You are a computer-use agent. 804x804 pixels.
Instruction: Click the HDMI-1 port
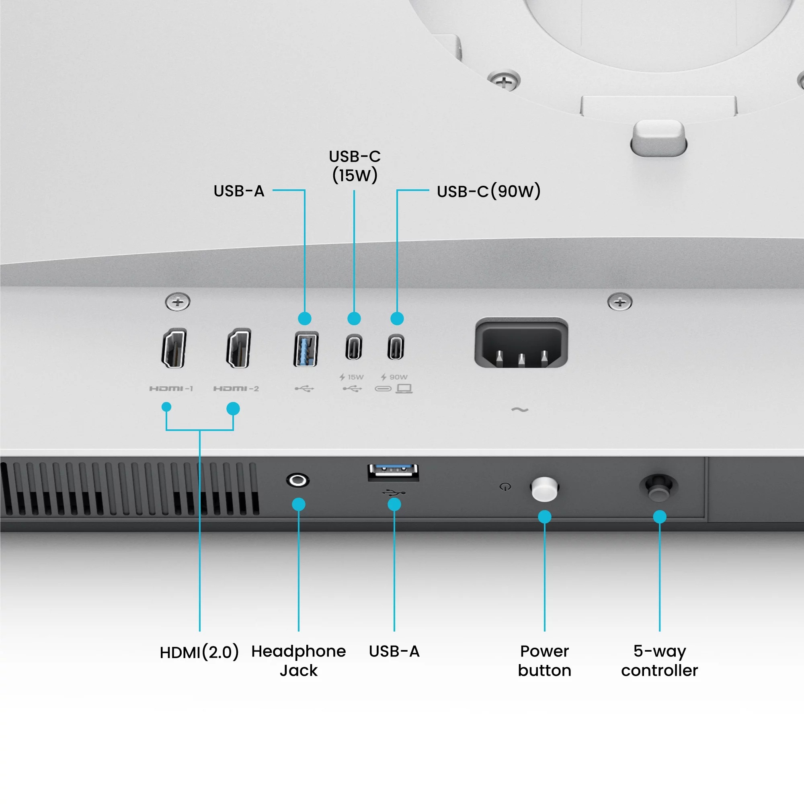(x=174, y=348)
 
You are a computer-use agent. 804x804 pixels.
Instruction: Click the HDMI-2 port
(x=238, y=348)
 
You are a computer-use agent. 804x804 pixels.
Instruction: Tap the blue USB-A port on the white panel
(x=306, y=349)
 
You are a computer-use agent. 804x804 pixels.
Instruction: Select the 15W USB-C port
(x=353, y=347)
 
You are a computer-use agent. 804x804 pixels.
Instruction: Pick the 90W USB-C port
(x=396, y=347)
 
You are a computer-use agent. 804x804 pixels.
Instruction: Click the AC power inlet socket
(x=521, y=343)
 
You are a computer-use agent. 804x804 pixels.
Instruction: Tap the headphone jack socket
(x=297, y=480)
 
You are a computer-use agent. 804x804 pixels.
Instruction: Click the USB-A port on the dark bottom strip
(x=393, y=472)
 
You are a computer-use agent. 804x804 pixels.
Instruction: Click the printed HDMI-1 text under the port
(x=171, y=389)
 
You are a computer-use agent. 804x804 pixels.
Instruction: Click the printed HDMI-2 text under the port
(x=236, y=389)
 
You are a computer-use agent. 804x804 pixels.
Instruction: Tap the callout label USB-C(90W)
(x=488, y=191)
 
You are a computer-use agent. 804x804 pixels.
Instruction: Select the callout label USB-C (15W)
(x=355, y=166)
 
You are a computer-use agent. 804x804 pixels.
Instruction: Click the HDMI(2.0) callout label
(x=199, y=652)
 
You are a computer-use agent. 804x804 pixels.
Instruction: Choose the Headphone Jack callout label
(x=298, y=660)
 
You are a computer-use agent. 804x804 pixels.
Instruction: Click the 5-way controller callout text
(x=659, y=660)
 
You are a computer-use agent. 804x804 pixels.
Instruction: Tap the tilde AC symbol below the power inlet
(x=520, y=410)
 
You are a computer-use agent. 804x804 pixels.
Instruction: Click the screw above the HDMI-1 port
(x=178, y=302)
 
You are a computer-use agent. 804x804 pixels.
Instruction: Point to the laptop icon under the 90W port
(x=404, y=389)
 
